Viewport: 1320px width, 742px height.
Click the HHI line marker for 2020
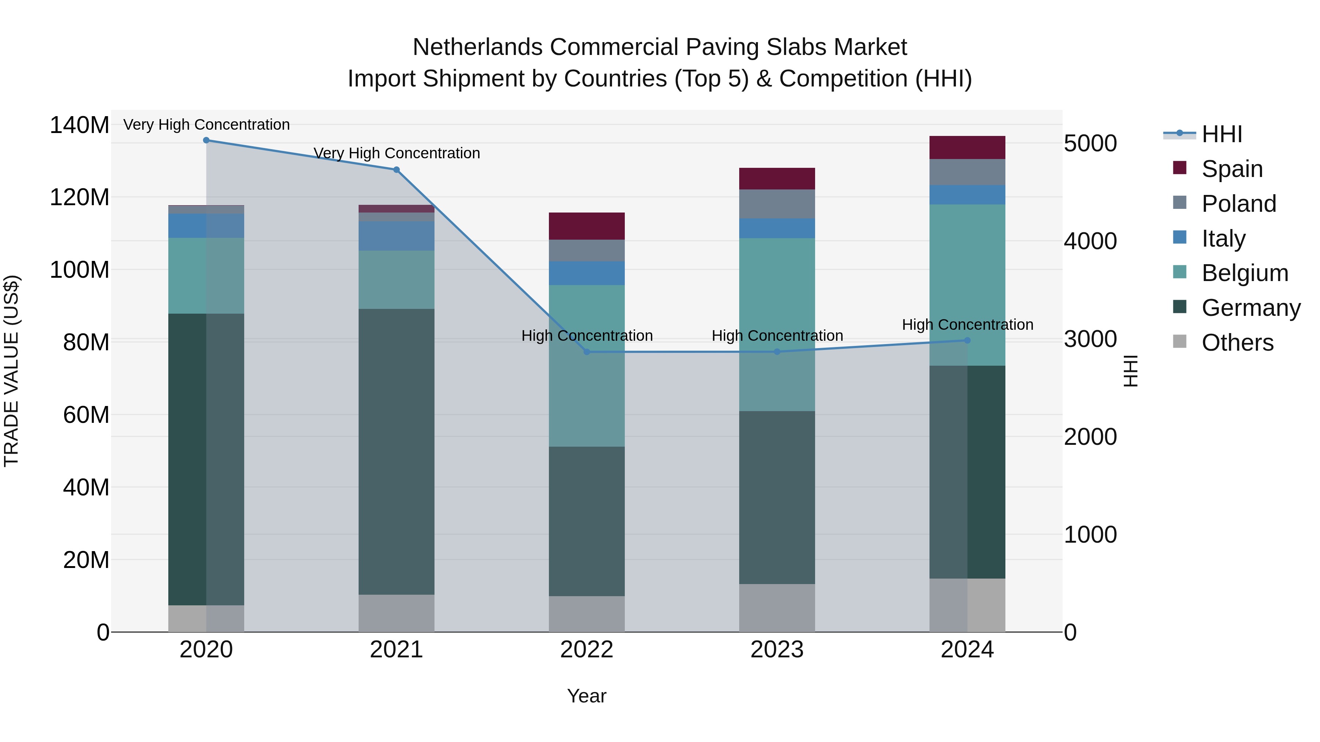pos(206,140)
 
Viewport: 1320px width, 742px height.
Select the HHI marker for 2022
pos(587,352)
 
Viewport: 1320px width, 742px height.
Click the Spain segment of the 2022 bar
pos(587,226)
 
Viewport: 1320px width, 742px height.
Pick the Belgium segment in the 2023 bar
pos(777,324)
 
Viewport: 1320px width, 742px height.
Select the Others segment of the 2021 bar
pos(396,613)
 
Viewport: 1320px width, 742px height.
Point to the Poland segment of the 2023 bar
pos(777,204)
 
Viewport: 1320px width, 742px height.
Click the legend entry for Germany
pos(1251,308)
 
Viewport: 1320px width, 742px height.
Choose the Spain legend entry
pos(1232,169)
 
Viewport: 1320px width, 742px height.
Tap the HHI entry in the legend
pos(1222,134)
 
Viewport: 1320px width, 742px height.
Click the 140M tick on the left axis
pos(80,125)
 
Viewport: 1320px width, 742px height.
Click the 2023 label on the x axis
pos(777,650)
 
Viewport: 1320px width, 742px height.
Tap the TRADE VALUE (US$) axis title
pos(11,371)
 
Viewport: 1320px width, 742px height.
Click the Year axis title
pos(587,696)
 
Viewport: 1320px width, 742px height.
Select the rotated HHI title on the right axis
pos(1130,371)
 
